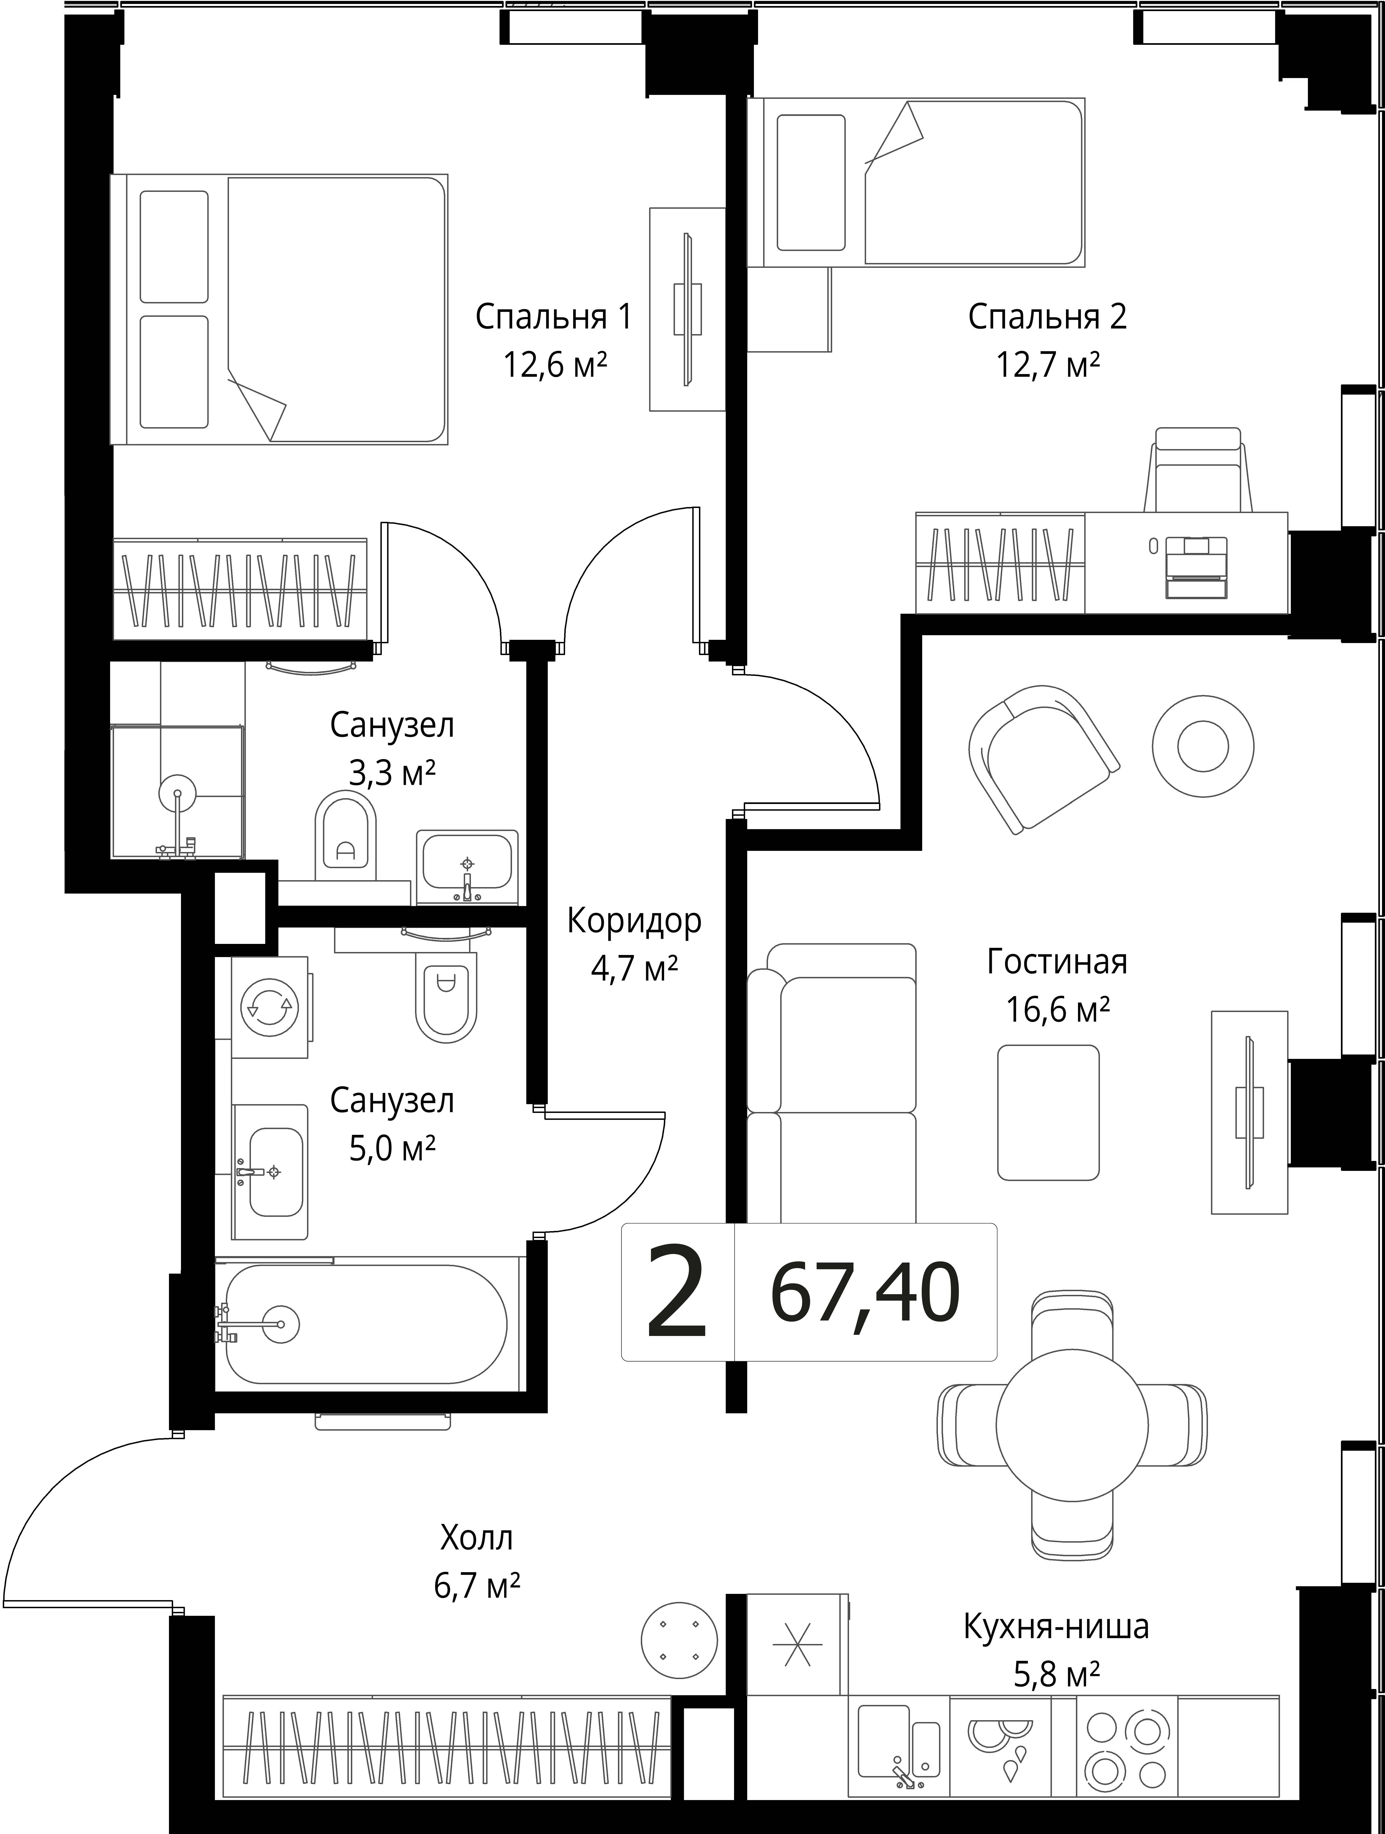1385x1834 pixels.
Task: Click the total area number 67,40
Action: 865,1293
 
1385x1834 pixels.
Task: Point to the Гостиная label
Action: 1057,962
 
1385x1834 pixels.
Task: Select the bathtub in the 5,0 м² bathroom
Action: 365,1324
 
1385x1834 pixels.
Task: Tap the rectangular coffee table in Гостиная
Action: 1048,1112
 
